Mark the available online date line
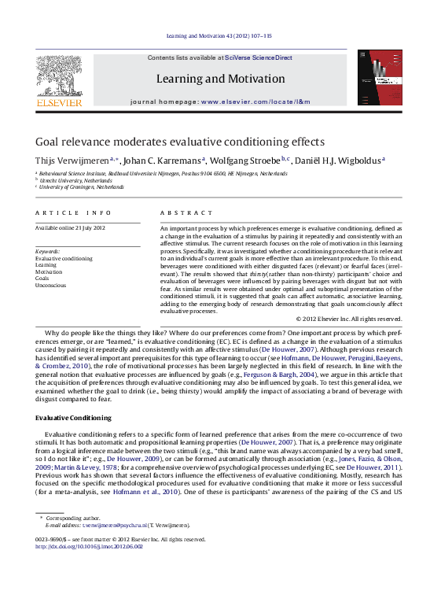tap(71, 227)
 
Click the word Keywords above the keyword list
tap(48, 251)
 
